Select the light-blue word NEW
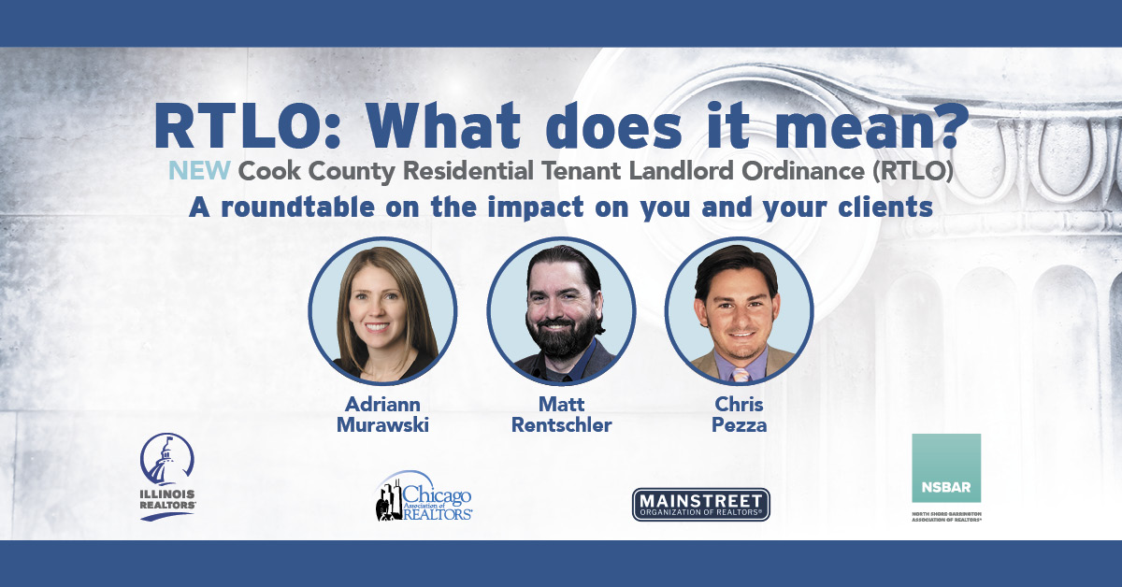click(x=199, y=171)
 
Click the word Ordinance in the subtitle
click(x=803, y=171)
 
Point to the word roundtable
click(x=297, y=207)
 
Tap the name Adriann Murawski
click(x=382, y=415)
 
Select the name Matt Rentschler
click(x=562, y=415)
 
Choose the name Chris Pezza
click(x=739, y=415)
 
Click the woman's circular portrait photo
click(x=382, y=311)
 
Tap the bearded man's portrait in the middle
click(x=561, y=311)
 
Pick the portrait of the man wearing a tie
click(x=740, y=311)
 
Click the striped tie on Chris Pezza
click(x=740, y=375)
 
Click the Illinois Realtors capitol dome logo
click(x=167, y=477)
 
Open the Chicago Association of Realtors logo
click(x=424, y=495)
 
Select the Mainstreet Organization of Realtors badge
click(x=700, y=505)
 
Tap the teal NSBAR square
click(x=946, y=467)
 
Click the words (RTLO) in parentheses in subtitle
click(x=913, y=171)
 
